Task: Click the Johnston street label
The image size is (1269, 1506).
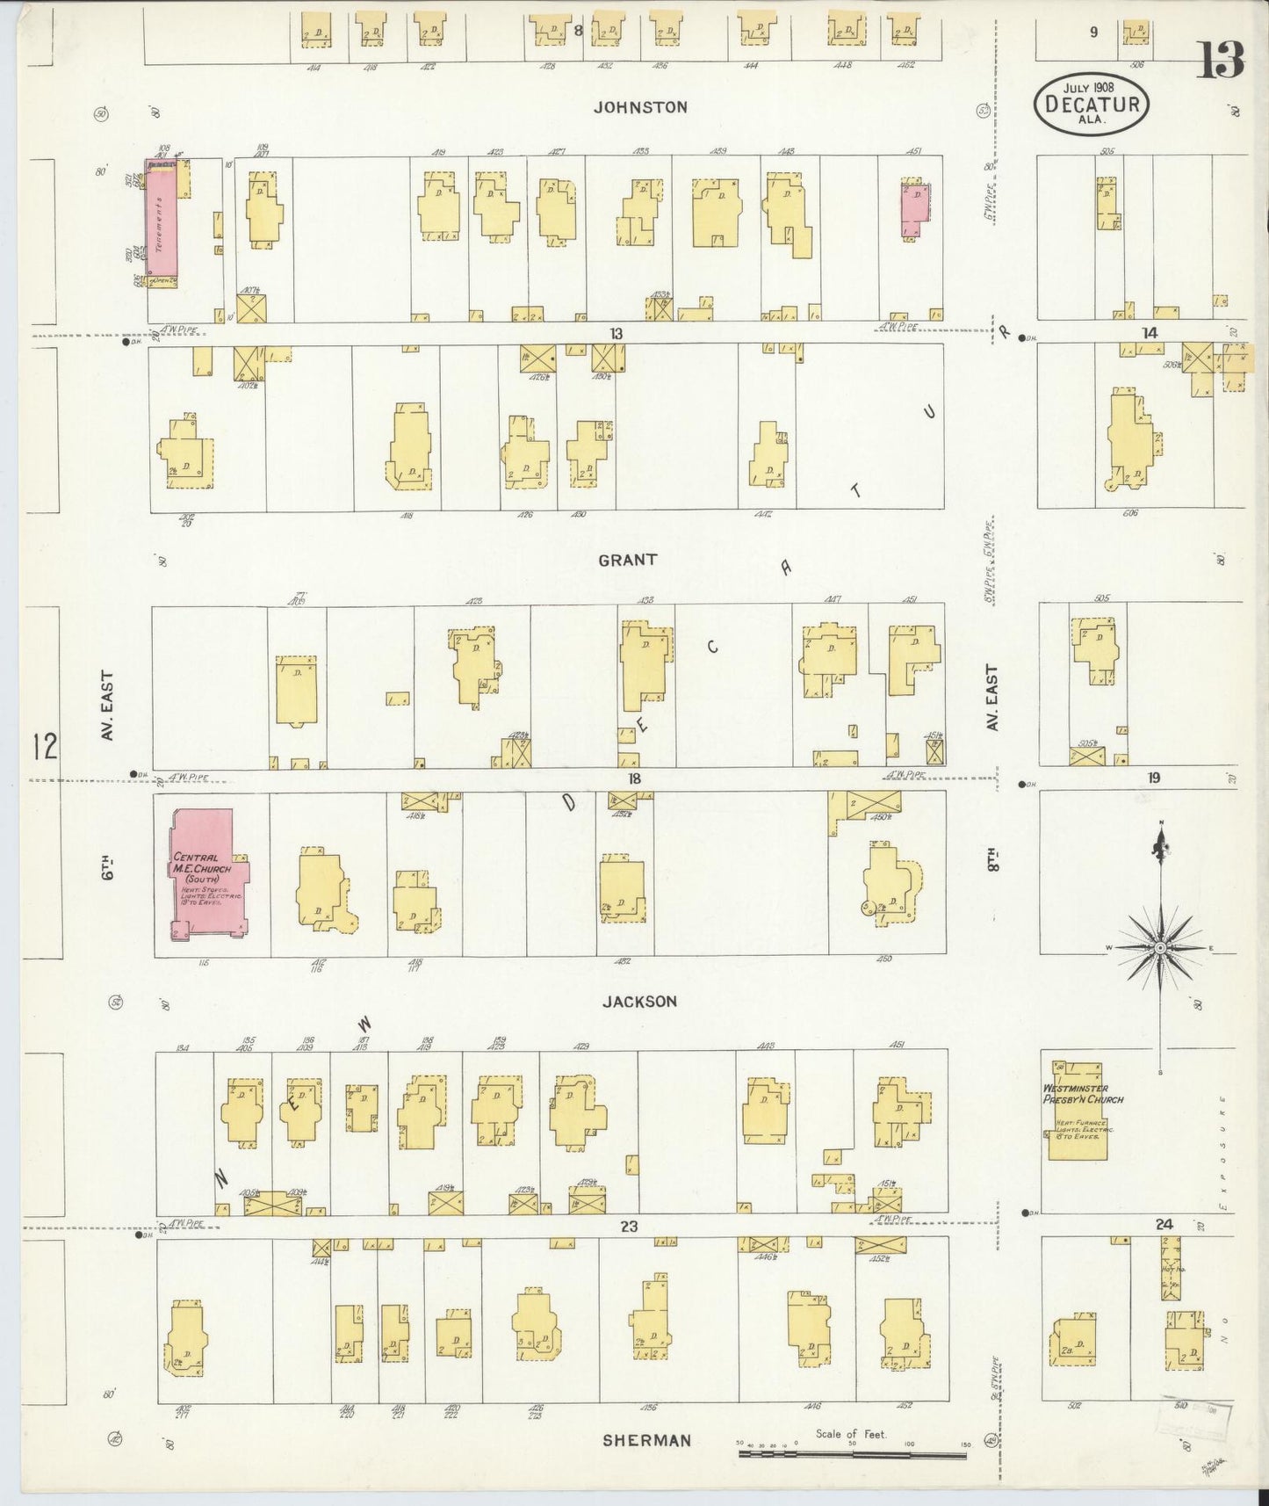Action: [x=639, y=107]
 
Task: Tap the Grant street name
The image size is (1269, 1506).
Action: [x=627, y=560]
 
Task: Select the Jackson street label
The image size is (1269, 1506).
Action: [x=639, y=1001]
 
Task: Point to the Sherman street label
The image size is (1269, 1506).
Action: [x=646, y=1440]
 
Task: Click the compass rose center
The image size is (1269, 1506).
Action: [x=1160, y=948]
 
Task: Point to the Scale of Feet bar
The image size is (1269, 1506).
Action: [x=852, y=1454]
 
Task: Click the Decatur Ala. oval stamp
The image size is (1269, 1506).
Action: [x=1091, y=104]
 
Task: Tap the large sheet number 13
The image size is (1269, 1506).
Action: [x=1220, y=60]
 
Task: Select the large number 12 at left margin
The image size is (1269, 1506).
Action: [x=43, y=746]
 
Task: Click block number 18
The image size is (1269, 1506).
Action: [x=634, y=778]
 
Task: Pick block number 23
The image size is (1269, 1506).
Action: [x=629, y=1226]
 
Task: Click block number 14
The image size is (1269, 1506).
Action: [x=1149, y=332]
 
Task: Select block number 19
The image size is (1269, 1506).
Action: [x=1153, y=778]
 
